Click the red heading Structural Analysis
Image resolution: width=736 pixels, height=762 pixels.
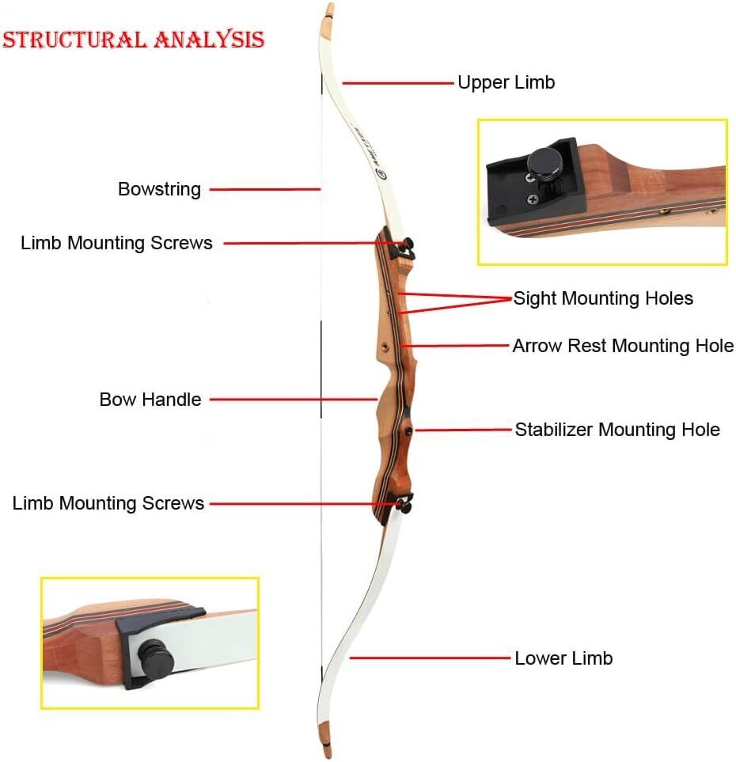[133, 39]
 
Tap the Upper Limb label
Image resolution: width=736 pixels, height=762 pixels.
[506, 82]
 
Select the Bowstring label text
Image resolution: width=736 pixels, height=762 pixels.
[159, 189]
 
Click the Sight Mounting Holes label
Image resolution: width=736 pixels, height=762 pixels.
[603, 298]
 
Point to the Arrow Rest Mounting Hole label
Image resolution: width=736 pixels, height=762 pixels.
[623, 346]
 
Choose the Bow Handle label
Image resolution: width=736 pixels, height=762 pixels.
[150, 400]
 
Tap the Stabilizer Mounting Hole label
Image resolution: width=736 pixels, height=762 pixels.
[617, 430]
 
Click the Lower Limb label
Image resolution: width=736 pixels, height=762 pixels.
[563, 658]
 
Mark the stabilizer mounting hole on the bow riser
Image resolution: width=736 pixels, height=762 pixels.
[409, 430]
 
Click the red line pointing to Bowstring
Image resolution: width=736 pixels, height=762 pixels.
[263, 189]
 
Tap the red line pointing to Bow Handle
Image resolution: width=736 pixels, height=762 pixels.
[293, 400]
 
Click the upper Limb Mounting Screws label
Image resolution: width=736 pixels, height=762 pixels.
[116, 243]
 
